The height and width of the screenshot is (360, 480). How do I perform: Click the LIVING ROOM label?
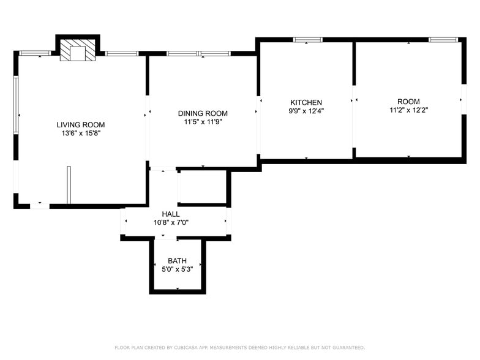[81, 124]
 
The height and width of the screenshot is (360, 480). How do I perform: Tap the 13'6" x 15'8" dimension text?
[81, 133]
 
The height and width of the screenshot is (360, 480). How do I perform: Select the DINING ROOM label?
[203, 113]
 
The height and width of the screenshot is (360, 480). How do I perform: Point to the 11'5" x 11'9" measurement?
[203, 122]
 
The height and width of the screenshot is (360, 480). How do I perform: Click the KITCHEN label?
[306, 102]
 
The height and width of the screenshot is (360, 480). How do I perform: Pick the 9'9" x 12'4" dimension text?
[306, 111]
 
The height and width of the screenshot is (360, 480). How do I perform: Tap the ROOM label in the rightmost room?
[408, 102]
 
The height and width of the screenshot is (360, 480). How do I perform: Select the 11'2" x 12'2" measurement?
[408, 110]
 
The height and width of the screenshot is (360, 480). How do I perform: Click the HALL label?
[171, 214]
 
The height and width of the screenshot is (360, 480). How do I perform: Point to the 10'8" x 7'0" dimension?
[171, 222]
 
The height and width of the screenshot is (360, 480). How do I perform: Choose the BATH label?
[177, 261]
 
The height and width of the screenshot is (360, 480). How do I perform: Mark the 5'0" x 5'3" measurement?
[177, 269]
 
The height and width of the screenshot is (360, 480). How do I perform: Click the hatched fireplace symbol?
[78, 52]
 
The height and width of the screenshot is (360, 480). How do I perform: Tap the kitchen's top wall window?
[307, 40]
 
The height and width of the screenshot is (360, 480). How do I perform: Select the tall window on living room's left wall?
[17, 114]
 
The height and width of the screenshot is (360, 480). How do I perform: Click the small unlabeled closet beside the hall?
[202, 187]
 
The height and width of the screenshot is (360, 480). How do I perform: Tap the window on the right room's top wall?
[443, 40]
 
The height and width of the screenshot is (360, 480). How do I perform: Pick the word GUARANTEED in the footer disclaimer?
[347, 348]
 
